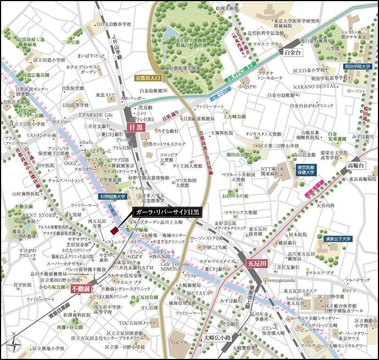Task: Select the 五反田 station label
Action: click(255, 263)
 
